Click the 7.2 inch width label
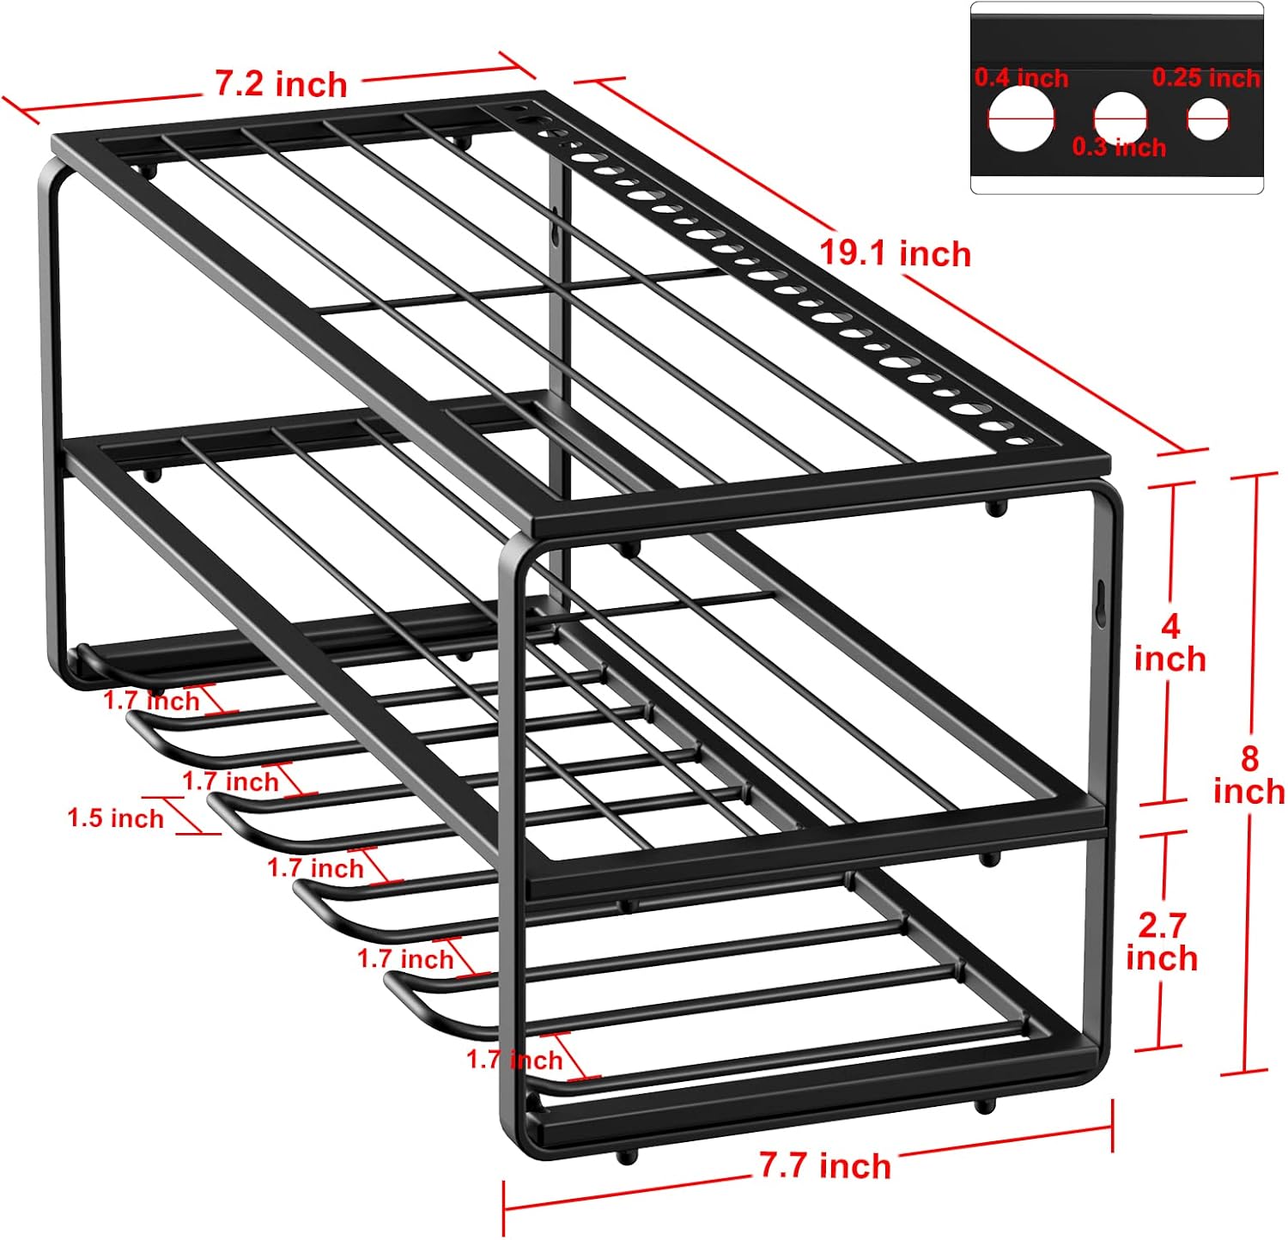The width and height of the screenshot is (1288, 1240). [x=281, y=84]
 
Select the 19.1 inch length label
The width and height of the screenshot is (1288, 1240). [x=895, y=253]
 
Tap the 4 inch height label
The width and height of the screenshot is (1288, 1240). [x=1170, y=643]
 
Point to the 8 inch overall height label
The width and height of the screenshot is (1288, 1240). [x=1249, y=775]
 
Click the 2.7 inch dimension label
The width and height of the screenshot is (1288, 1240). [x=1162, y=942]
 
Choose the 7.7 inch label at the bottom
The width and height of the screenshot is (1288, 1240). [x=825, y=1165]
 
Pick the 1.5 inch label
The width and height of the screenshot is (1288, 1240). [x=116, y=818]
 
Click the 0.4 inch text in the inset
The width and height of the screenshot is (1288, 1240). [x=1021, y=78]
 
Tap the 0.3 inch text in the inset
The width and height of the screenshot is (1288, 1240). [x=1119, y=147]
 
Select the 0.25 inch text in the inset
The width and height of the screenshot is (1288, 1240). [x=1206, y=78]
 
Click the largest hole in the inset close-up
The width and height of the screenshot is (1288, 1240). [x=1021, y=119]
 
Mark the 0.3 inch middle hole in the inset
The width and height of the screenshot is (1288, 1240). [x=1121, y=117]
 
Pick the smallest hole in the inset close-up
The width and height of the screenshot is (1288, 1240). [x=1208, y=119]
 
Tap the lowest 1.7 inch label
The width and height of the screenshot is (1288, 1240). [x=514, y=1060]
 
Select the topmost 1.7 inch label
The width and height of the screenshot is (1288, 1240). [x=151, y=701]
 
